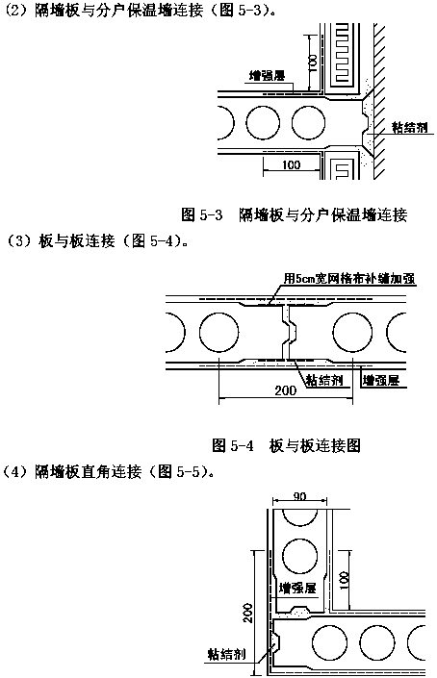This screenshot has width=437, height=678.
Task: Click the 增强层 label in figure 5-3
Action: coord(267,76)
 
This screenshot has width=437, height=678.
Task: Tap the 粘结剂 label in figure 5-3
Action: coord(410,127)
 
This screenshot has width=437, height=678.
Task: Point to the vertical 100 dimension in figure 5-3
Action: coord(313,63)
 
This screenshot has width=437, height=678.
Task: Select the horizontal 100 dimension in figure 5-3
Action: coord(291,164)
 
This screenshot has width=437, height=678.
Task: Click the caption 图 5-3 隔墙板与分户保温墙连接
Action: coord(295,214)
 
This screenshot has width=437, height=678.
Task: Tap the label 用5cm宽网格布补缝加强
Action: coord(349,278)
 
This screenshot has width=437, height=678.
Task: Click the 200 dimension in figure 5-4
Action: coord(286,390)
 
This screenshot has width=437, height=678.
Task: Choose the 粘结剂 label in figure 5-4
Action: coord(324,380)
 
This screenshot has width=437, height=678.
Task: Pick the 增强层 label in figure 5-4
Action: coord(381,381)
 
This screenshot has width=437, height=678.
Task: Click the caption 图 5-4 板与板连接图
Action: coord(287,445)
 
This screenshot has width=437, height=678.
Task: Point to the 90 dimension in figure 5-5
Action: coord(299,496)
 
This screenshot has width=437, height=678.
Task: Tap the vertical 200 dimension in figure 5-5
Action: coord(247,613)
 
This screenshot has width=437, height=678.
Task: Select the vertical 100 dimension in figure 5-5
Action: coord(343,581)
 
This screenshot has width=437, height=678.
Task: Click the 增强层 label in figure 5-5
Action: coord(297,588)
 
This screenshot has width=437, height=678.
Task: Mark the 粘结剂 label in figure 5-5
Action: coord(226,654)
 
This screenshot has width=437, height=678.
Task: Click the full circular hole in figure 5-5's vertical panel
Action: coord(299,556)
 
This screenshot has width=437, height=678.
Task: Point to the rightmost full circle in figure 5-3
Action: coord(308,122)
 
